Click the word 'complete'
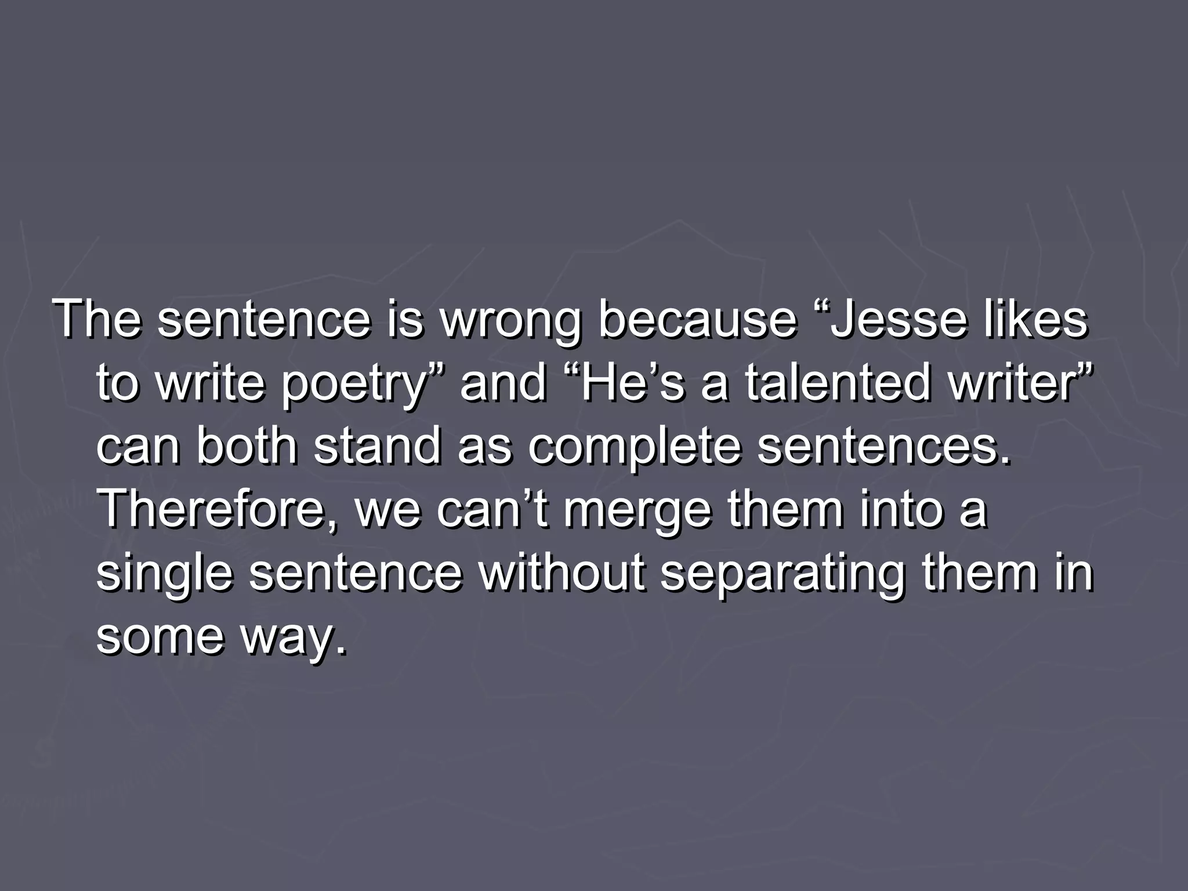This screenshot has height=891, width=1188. pos(635,448)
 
